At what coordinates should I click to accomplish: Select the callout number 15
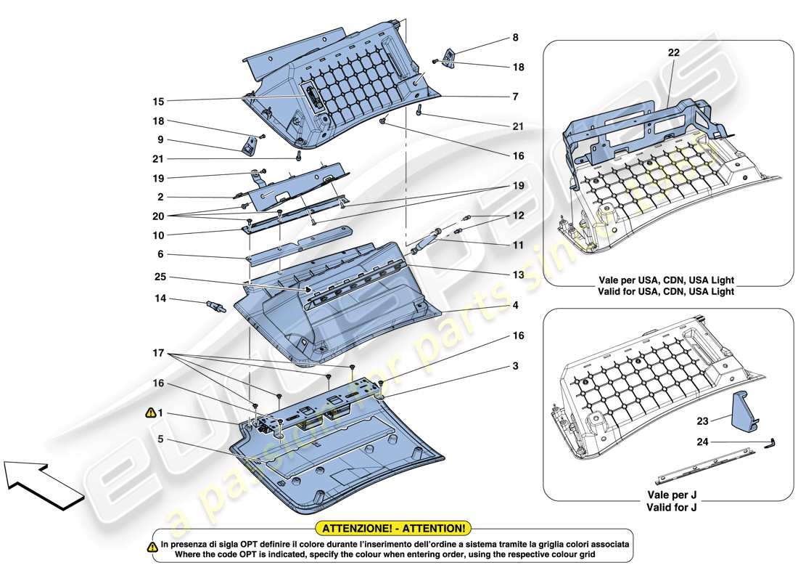tap(158, 101)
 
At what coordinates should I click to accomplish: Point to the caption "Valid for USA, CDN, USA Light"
tap(667, 291)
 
